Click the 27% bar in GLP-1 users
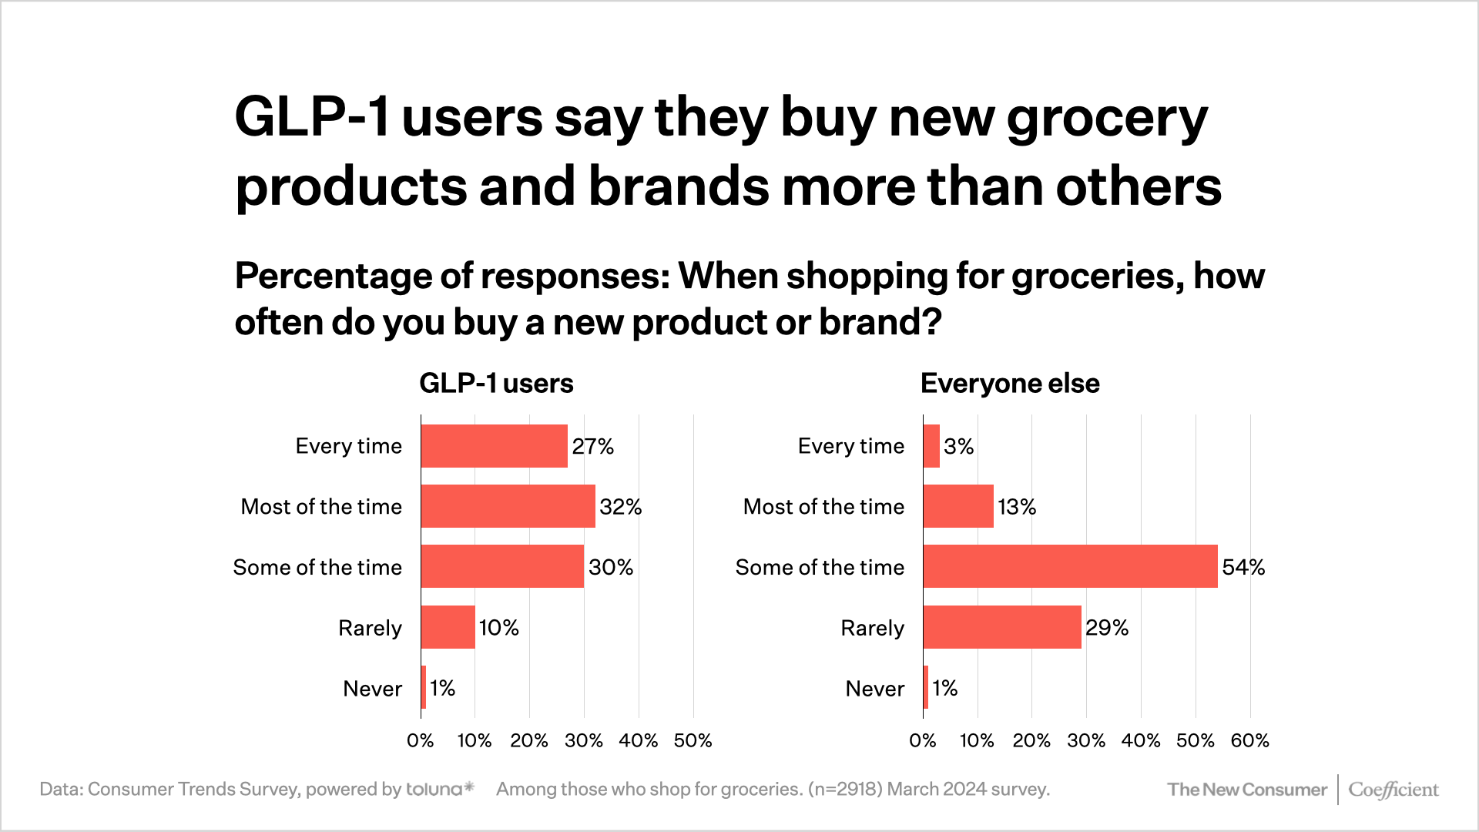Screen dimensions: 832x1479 [x=494, y=446]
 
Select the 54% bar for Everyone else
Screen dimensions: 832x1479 [x=1070, y=567]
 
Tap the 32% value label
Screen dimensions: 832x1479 [x=620, y=507]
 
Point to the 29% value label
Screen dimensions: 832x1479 [x=1107, y=628]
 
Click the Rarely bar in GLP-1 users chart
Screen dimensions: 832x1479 [x=448, y=627]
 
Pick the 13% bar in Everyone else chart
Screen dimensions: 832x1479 [x=958, y=506]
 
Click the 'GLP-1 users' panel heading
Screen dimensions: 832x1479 [x=496, y=384]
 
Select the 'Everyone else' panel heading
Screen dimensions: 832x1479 [x=1010, y=384]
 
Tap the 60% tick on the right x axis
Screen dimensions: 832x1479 [x=1249, y=741]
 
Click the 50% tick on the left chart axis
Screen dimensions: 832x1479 [x=693, y=741]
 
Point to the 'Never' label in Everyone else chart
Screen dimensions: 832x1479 [x=874, y=689]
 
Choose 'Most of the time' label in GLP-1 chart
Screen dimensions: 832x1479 [x=321, y=507]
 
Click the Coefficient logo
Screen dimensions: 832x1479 [x=1393, y=790]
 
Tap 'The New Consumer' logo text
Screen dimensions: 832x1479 [x=1246, y=790]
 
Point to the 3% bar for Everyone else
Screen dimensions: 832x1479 [x=931, y=446]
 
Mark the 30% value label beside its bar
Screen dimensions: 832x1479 [x=611, y=568]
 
